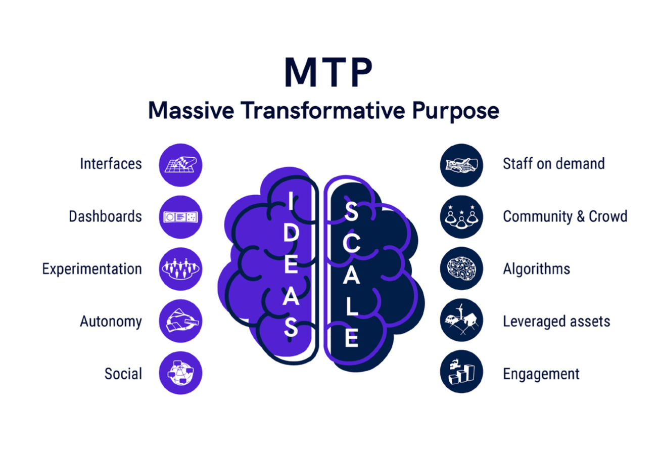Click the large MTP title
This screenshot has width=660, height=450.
pyautogui.click(x=328, y=72)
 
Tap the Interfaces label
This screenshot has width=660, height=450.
pyautogui.click(x=111, y=164)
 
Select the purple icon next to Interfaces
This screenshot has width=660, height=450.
pyautogui.click(x=180, y=165)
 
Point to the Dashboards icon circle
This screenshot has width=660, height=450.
pyautogui.click(x=180, y=217)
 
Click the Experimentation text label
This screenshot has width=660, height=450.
pyautogui.click(x=92, y=269)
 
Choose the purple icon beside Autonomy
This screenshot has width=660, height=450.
pyautogui.click(x=180, y=321)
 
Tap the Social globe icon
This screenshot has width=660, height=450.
pyautogui.click(x=180, y=373)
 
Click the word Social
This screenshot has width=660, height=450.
pyautogui.click(x=123, y=374)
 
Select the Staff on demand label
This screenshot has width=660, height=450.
pyautogui.click(x=554, y=164)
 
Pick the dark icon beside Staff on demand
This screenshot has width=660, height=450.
pyautogui.click(x=461, y=165)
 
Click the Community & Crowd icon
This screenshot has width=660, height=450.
pyautogui.click(x=461, y=217)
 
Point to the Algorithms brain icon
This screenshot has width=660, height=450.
pyautogui.click(x=461, y=268)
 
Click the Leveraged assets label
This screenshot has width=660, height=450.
pyautogui.click(x=556, y=322)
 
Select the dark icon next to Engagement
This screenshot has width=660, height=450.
pyautogui.click(x=461, y=372)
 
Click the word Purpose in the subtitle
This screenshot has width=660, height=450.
pyautogui.click(x=455, y=111)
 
